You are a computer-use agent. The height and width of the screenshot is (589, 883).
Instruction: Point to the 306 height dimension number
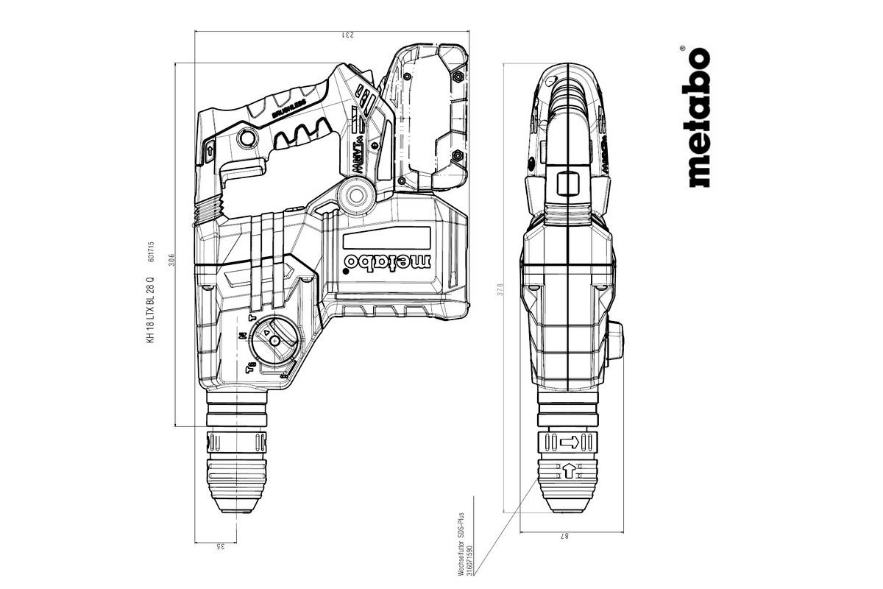click(170, 259)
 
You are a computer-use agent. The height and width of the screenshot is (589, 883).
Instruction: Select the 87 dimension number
click(565, 537)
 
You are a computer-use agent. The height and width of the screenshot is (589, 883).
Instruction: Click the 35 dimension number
click(220, 546)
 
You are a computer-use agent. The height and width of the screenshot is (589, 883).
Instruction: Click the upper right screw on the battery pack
click(458, 76)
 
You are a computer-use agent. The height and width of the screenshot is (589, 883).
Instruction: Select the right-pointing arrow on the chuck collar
click(570, 442)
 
